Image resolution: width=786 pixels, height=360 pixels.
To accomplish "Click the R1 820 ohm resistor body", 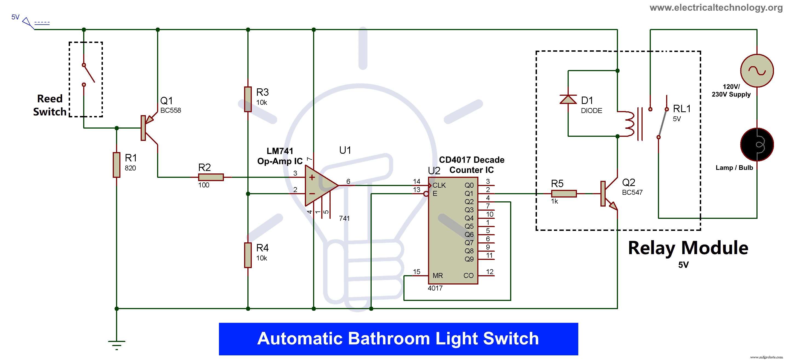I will click(x=116, y=165).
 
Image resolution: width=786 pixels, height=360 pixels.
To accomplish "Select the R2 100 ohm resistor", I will click(x=210, y=177).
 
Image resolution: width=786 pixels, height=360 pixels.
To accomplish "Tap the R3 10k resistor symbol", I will click(x=248, y=99).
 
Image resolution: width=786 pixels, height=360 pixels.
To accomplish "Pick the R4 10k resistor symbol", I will click(x=248, y=255).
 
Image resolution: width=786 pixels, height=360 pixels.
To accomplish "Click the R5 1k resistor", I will click(x=564, y=193).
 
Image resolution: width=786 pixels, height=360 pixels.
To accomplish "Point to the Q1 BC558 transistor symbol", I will click(x=148, y=128).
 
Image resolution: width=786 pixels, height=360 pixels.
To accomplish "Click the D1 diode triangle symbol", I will click(x=568, y=100).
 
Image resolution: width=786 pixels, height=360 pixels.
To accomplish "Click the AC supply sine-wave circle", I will click(x=757, y=71).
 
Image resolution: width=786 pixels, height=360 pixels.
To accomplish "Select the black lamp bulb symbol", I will click(x=757, y=144).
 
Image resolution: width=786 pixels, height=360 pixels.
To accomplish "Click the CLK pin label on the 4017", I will click(x=439, y=185).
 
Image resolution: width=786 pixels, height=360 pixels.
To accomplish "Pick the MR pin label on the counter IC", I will click(x=437, y=275).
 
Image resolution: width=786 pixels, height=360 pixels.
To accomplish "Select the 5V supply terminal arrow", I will click(x=28, y=23).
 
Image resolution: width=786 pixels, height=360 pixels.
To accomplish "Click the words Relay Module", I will click(x=688, y=248).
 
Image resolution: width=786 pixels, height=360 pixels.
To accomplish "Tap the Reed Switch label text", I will click(x=50, y=105).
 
